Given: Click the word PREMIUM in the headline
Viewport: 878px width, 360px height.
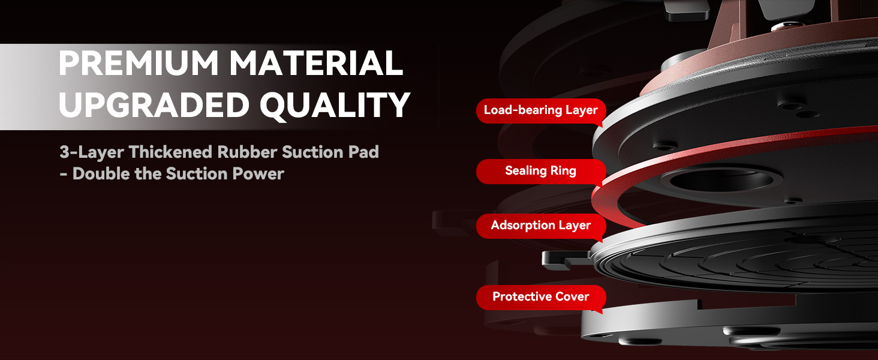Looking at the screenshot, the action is (138, 63).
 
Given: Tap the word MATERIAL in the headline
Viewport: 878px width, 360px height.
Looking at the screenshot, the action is (316, 63).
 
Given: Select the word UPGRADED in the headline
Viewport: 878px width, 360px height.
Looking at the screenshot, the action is (154, 105).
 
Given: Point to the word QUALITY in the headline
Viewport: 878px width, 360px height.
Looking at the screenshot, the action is (334, 106).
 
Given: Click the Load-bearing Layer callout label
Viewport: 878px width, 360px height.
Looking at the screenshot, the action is (541, 110).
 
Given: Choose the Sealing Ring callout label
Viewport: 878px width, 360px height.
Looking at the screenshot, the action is (541, 171).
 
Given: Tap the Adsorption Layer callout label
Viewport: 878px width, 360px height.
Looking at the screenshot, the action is (541, 226).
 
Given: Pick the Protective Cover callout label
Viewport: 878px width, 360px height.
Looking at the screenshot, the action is (541, 297).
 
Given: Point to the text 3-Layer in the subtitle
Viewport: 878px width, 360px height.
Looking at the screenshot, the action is (92, 153).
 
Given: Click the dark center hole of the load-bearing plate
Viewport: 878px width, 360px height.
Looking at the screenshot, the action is (721, 181).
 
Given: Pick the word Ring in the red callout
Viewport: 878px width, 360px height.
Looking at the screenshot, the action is (563, 172).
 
